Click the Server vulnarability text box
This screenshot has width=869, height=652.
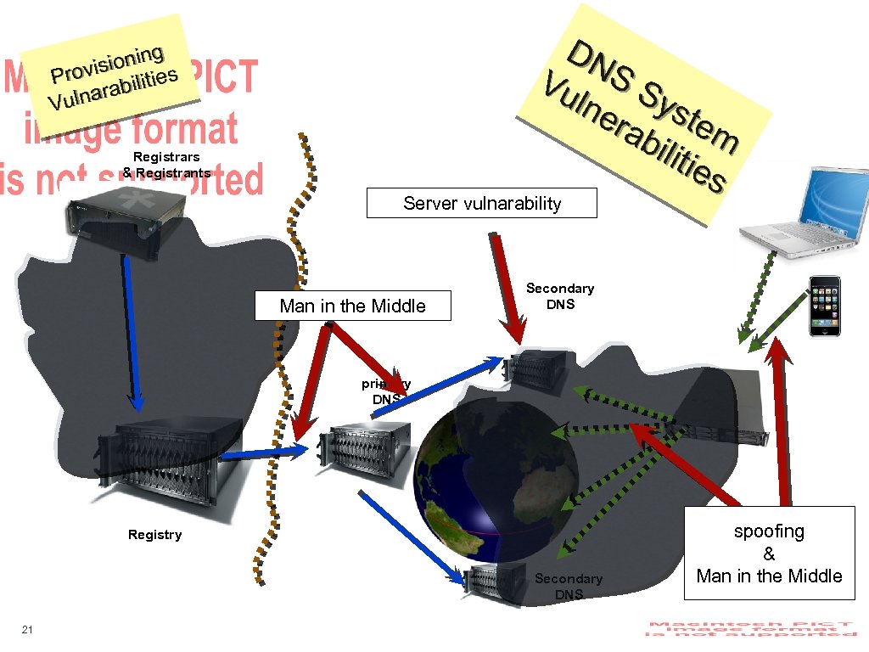[481, 203]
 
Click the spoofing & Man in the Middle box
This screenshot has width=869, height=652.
[769, 554]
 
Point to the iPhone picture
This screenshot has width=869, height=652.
[824, 306]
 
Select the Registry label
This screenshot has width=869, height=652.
[154, 535]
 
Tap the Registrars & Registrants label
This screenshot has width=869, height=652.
[166, 165]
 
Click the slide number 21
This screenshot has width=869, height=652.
[27, 629]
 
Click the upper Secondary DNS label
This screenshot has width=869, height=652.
[560, 296]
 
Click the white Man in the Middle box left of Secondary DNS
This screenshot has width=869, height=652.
[352, 306]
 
